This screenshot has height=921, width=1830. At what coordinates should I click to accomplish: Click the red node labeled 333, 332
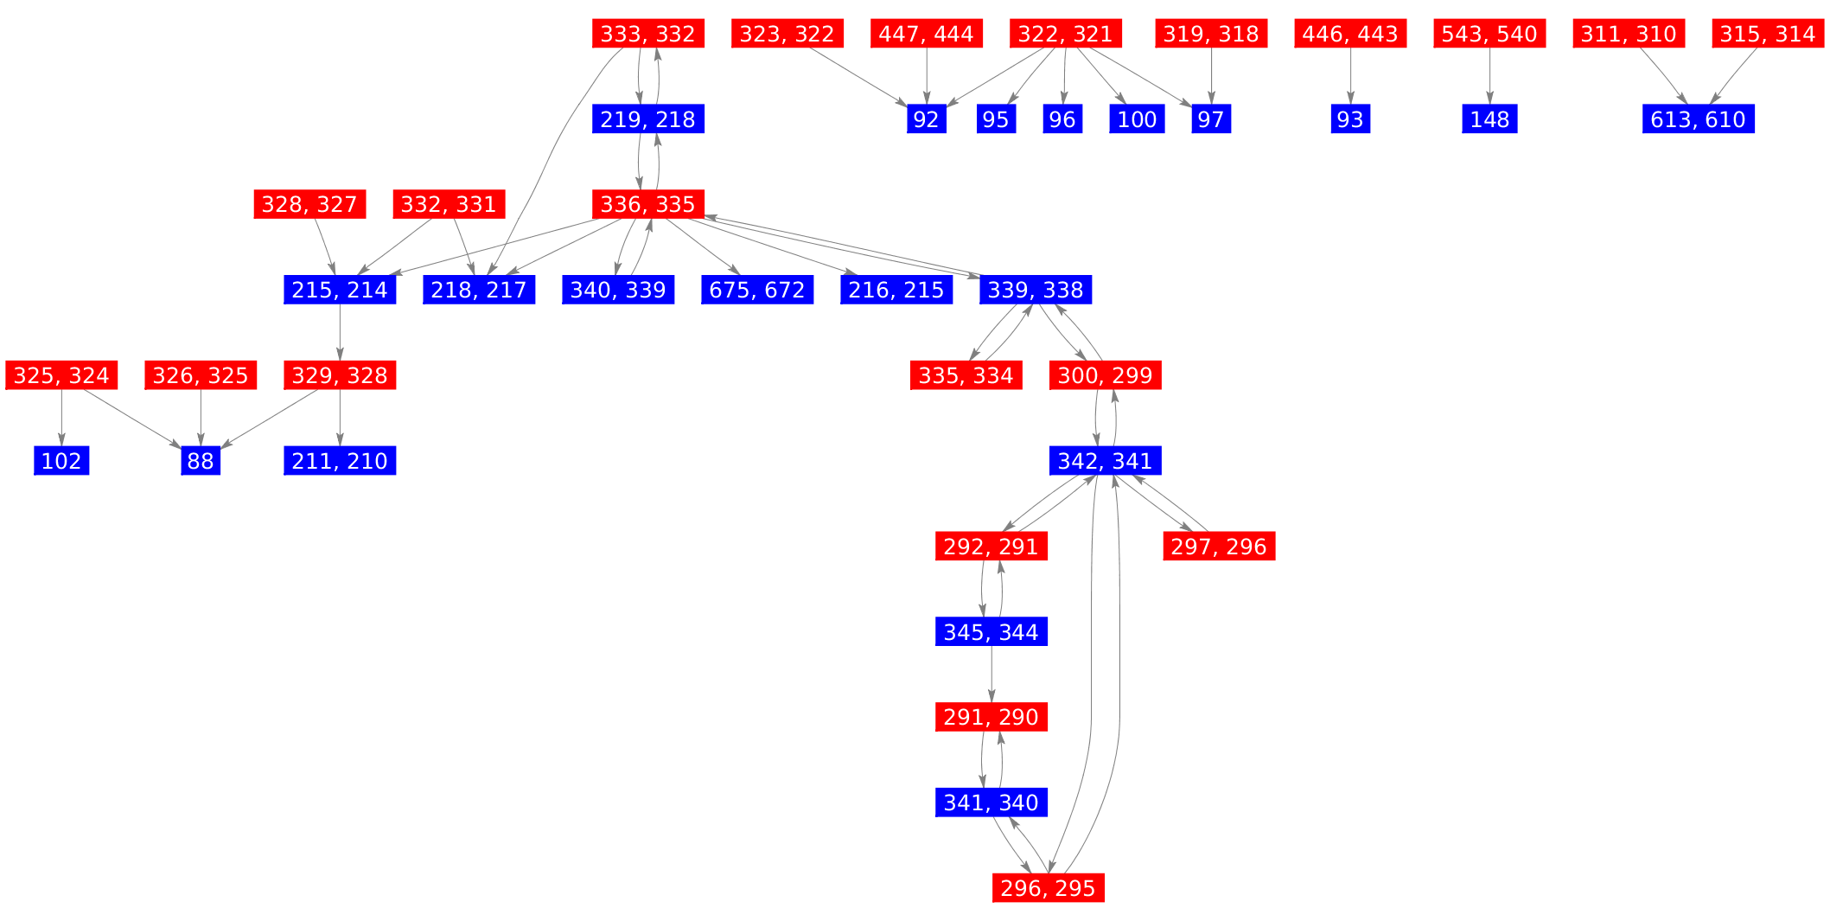pyautogui.click(x=647, y=34)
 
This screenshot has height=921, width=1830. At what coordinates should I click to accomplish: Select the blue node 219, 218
pyautogui.click(x=647, y=119)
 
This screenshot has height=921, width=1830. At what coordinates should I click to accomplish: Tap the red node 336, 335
pyautogui.click(x=647, y=205)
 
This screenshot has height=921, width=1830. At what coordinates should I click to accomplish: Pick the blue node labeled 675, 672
pyautogui.click(x=756, y=290)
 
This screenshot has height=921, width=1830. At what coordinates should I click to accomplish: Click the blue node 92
pyautogui.click(x=926, y=119)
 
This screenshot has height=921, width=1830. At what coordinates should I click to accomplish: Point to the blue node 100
pyautogui.click(x=1137, y=119)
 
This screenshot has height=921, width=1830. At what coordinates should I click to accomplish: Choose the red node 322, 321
pyautogui.click(x=1065, y=34)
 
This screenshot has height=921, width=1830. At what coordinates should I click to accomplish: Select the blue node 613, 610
pyautogui.click(x=1698, y=119)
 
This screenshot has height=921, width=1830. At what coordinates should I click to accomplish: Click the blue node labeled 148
pyautogui.click(x=1489, y=119)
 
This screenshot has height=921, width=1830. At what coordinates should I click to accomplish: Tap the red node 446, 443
pyautogui.click(x=1350, y=34)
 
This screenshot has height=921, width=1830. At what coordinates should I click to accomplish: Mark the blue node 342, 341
pyautogui.click(x=1105, y=461)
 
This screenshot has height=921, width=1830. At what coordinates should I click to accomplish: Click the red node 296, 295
pyautogui.click(x=1048, y=888)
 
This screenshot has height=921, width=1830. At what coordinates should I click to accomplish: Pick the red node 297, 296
pyautogui.click(x=1219, y=547)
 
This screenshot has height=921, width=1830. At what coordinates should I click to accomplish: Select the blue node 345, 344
pyautogui.click(x=991, y=632)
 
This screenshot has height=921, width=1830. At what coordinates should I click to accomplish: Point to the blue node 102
pyautogui.click(x=61, y=461)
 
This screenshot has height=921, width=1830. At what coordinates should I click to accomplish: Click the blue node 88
pyautogui.click(x=201, y=461)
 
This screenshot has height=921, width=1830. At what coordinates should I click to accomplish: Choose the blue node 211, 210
pyautogui.click(x=340, y=461)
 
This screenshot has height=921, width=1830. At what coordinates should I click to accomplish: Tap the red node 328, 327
pyautogui.click(x=309, y=205)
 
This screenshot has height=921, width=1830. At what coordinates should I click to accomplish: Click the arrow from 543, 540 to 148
pyautogui.click(x=1489, y=76)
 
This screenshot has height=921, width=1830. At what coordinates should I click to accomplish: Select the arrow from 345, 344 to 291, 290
pyautogui.click(x=991, y=675)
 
